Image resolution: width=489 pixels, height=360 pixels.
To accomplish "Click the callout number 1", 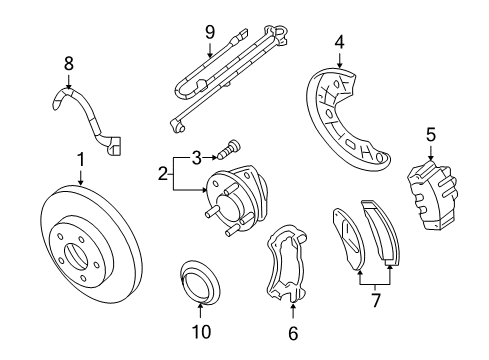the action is (x=81, y=160).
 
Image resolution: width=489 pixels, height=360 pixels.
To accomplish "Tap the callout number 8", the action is (x=69, y=63).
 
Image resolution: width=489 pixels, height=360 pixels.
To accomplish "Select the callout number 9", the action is (x=210, y=33).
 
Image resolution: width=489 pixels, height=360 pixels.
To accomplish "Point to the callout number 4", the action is (x=340, y=43).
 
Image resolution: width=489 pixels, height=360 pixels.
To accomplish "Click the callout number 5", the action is (x=431, y=135).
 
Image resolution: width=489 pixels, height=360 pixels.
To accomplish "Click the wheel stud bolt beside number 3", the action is (x=229, y=149).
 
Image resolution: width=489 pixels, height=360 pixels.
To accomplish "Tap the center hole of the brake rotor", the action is (x=77, y=257).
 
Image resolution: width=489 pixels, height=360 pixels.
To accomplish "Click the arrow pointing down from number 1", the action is (x=81, y=177).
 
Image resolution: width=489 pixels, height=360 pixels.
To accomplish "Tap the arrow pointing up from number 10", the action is (x=200, y=311).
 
